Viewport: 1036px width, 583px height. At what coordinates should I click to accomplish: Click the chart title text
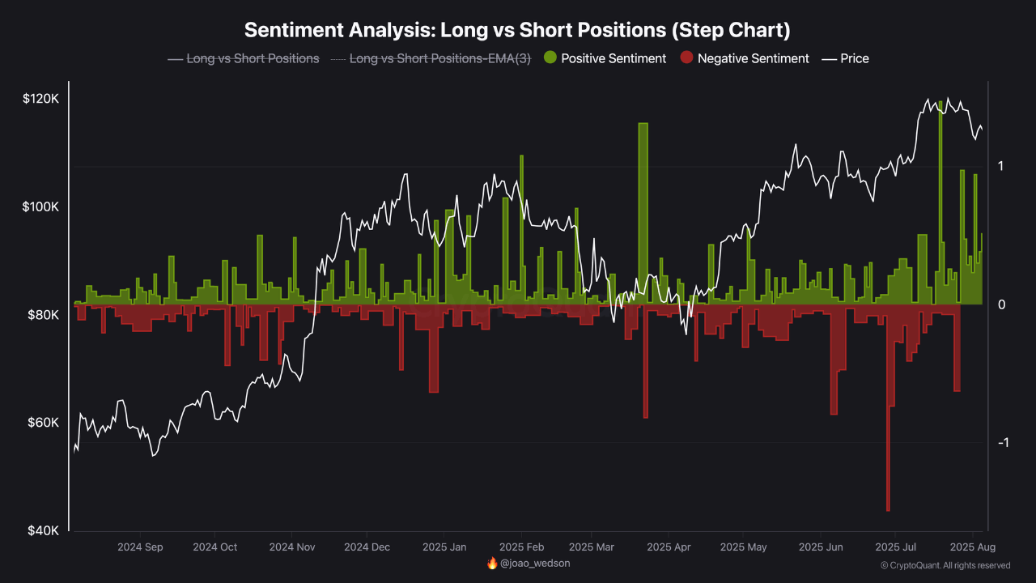[x=517, y=30]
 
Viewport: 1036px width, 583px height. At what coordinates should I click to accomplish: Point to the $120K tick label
[x=41, y=99]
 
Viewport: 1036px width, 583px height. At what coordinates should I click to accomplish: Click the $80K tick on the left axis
[x=41, y=315]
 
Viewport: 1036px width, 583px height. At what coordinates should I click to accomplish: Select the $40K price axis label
[x=41, y=531]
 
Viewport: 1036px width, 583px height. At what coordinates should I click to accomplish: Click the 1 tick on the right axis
[x=1001, y=166]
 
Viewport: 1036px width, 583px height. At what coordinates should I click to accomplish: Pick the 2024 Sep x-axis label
[x=140, y=547]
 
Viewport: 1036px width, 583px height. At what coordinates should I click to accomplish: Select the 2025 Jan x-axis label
[x=444, y=547]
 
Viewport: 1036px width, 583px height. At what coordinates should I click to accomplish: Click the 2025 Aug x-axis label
[x=971, y=547]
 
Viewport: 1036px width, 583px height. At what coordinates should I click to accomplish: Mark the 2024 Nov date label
[x=291, y=547]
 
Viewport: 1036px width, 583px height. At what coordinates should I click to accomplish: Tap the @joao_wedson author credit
[x=535, y=563]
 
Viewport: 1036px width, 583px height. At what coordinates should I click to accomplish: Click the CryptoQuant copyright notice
[x=945, y=565]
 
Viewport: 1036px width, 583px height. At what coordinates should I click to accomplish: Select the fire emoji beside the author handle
[x=492, y=563]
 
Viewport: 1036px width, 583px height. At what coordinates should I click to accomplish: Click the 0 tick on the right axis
[x=1001, y=304]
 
